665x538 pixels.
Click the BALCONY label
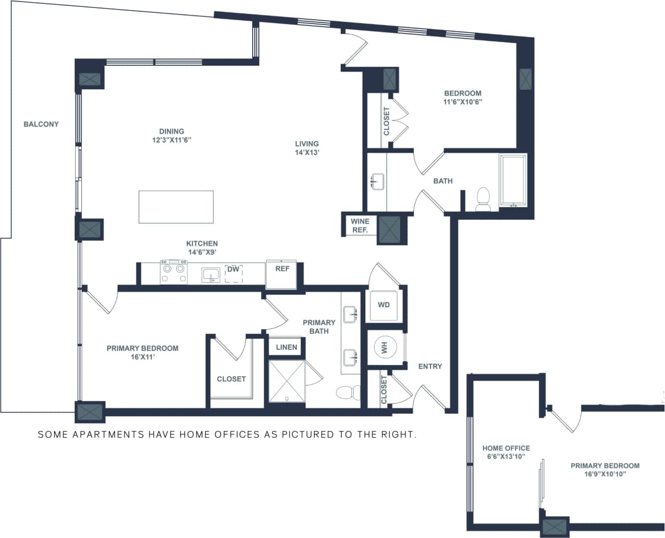(41, 124)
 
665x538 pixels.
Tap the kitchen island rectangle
(176, 207)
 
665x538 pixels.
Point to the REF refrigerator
(282, 274)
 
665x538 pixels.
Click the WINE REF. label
(359, 225)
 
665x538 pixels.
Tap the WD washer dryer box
(384, 305)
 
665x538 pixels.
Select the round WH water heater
(384, 348)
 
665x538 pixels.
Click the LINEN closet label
(286, 347)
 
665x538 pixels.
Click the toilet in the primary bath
(348, 393)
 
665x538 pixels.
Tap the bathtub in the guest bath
(513, 181)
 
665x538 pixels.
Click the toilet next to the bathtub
(483, 199)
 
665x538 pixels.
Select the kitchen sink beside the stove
(211, 275)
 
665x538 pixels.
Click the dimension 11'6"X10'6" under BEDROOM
(463, 102)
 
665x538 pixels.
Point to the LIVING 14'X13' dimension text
(307, 152)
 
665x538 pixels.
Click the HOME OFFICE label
(506, 448)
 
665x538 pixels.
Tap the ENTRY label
(430, 366)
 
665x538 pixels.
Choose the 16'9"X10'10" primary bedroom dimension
(605, 474)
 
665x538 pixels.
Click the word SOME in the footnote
(53, 434)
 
